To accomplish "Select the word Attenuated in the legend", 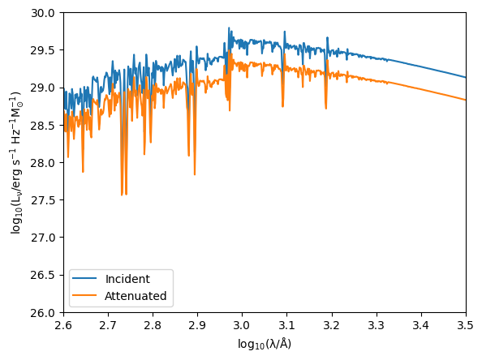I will (136, 297).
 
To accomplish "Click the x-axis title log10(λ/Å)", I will (265, 344).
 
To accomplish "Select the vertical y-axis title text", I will (15, 162).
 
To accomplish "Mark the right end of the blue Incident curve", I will (466, 77).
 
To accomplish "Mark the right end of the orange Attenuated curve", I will (466, 100).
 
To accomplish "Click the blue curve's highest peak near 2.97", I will (229, 28).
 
